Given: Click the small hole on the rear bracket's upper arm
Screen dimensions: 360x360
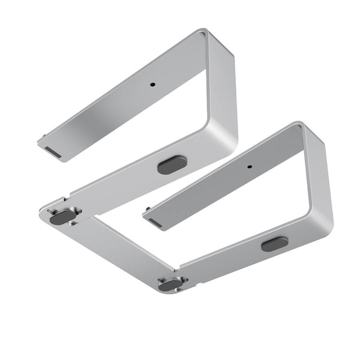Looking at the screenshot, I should click(x=152, y=85).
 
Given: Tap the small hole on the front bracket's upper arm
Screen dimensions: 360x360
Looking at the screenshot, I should click(x=250, y=167).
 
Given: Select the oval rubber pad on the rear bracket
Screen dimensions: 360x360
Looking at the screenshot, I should click(x=172, y=164).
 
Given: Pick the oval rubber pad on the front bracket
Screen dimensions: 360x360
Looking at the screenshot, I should click(x=274, y=244).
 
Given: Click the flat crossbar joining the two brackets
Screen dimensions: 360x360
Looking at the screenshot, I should click(x=120, y=246).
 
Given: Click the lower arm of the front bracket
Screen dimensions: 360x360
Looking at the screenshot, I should click(x=240, y=258).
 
